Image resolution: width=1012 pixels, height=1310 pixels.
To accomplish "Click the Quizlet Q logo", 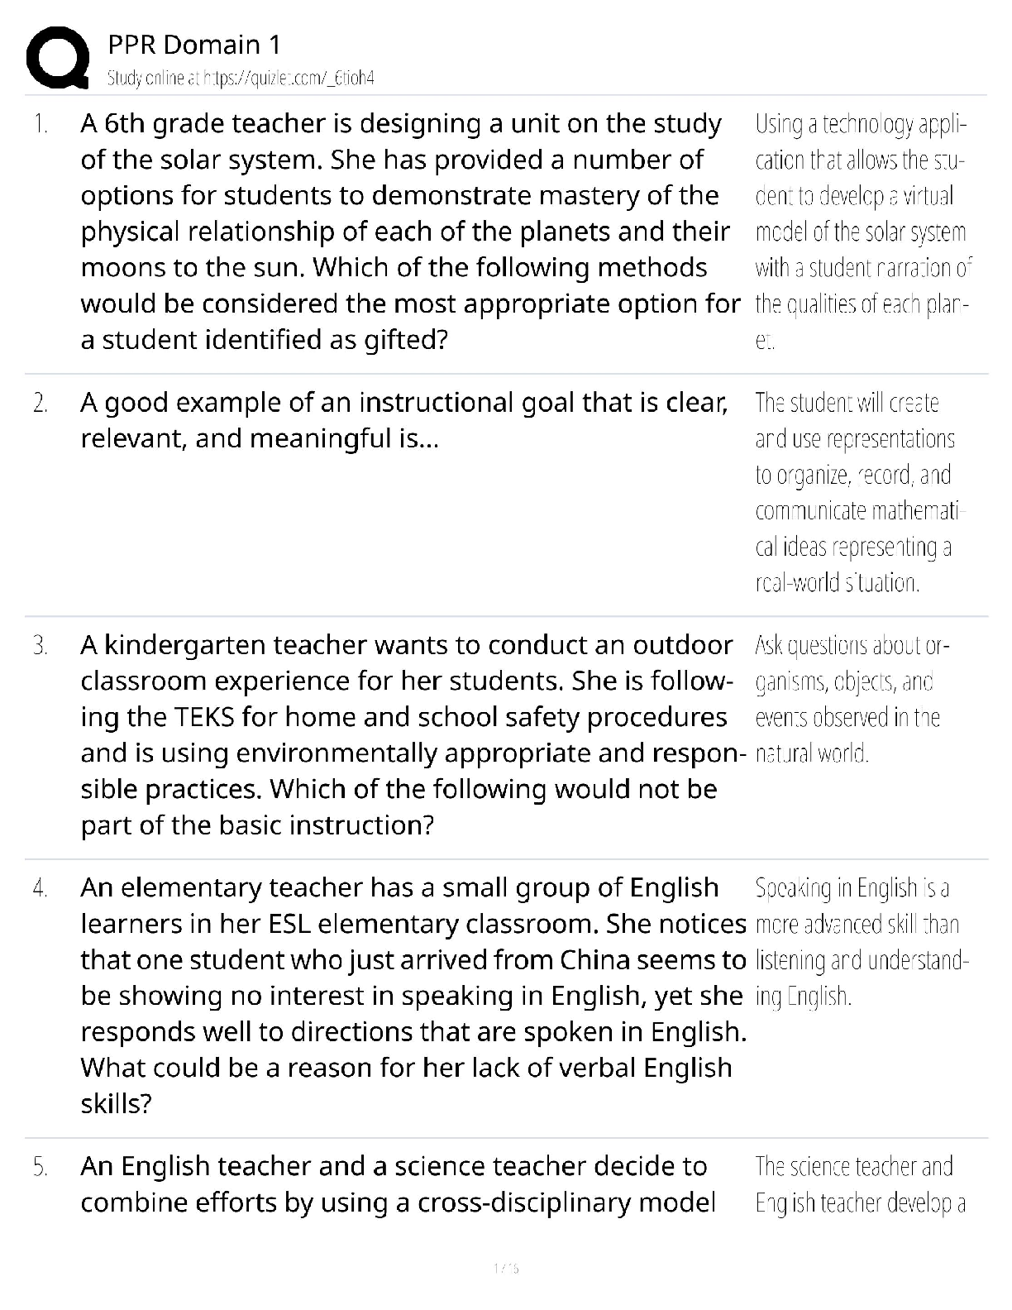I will point(57,58).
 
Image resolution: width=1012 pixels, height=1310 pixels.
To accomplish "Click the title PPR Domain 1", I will point(194,45).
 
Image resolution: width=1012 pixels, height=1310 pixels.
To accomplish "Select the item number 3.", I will point(40,645).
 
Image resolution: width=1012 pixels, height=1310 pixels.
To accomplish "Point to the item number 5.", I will point(40,1167).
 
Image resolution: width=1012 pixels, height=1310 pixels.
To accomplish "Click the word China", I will point(596,960).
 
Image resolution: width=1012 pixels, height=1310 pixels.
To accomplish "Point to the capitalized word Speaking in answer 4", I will point(792,888).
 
